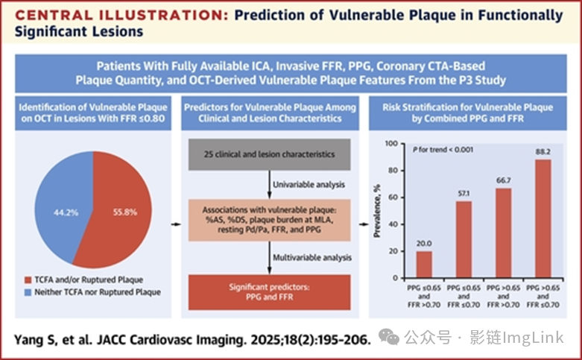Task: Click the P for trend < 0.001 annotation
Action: [443, 150]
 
